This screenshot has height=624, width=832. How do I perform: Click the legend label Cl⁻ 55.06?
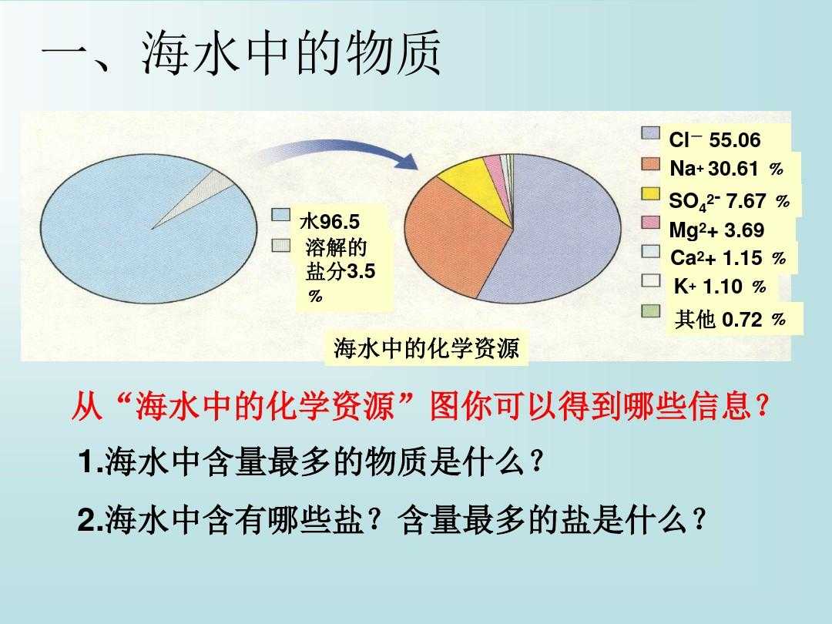[x=715, y=139]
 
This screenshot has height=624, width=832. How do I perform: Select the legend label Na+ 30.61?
[x=726, y=169]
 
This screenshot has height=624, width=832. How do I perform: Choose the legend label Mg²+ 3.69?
[x=716, y=230]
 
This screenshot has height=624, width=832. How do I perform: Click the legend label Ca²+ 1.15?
[x=727, y=258]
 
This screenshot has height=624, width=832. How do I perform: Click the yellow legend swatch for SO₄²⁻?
[x=650, y=194]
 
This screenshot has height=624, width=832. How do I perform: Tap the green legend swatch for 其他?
[x=650, y=311]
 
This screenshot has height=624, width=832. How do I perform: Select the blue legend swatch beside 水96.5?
[x=280, y=215]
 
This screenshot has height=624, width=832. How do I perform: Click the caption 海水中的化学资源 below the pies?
[x=426, y=349]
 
